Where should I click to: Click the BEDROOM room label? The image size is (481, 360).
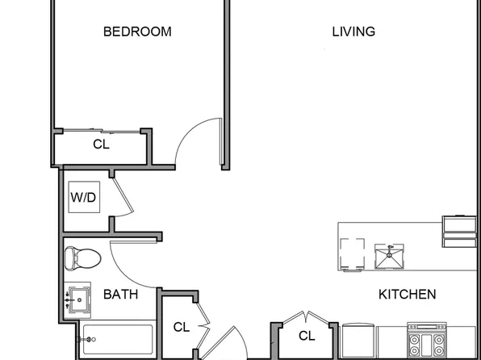pyautogui.click(x=137, y=31)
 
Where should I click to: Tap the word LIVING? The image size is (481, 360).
pyautogui.click(x=353, y=31)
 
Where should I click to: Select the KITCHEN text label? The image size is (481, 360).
pyautogui.click(x=407, y=295)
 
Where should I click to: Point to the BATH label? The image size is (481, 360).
pyautogui.click(x=120, y=295)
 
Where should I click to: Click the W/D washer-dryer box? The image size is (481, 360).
pyautogui.click(x=84, y=197)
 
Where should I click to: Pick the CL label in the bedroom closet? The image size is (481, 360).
pyautogui.click(x=101, y=144)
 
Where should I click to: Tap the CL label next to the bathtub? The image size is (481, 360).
pyautogui.click(x=182, y=327)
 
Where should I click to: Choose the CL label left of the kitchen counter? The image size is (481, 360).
pyautogui.click(x=307, y=336)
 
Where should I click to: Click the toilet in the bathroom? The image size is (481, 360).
pyautogui.click(x=83, y=258)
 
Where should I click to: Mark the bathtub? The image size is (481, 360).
pyautogui.click(x=118, y=340)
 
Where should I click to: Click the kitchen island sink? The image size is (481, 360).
pyautogui.click(x=389, y=257)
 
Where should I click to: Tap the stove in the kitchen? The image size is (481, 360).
pyautogui.click(x=426, y=340)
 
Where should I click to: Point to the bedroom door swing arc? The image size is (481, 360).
pyautogui.click(x=187, y=131)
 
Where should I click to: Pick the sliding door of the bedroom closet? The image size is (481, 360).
pyautogui.click(x=102, y=131)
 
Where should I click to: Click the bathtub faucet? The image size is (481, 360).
pyautogui.click(x=87, y=340)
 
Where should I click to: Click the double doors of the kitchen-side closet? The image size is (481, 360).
pyautogui.click(x=306, y=317)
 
